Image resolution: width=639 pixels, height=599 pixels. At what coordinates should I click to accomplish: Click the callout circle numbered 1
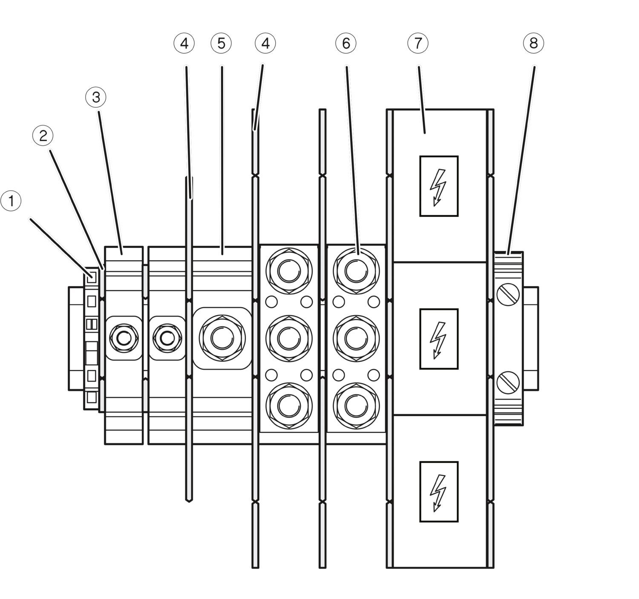[x=11, y=201]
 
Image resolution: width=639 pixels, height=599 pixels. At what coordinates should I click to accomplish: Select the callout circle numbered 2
[x=43, y=135]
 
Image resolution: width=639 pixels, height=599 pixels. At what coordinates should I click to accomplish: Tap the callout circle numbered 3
[x=96, y=97]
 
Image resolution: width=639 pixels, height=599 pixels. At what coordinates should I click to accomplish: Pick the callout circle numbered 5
[x=221, y=43]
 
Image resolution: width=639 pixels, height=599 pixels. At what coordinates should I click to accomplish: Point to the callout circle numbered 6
[x=346, y=43]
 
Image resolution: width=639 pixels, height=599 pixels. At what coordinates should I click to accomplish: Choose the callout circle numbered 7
[x=418, y=43]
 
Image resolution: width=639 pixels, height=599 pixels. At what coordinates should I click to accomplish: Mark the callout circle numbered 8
[x=533, y=43]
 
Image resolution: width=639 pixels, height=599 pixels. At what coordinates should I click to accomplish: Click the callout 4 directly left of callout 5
[x=184, y=43]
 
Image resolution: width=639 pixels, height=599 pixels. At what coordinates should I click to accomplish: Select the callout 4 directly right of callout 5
[x=265, y=43]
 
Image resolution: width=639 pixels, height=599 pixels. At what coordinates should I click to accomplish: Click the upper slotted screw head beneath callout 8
[x=508, y=294]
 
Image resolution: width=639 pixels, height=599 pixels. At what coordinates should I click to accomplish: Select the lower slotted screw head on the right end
[x=508, y=383]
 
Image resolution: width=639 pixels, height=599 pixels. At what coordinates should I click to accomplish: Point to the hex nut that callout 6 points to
[x=356, y=271]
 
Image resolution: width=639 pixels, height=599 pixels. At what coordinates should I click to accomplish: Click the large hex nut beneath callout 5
[x=222, y=338]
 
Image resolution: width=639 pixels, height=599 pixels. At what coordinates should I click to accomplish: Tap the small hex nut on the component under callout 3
[x=124, y=338]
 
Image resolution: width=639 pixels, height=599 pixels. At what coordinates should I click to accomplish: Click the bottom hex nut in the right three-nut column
[x=356, y=406]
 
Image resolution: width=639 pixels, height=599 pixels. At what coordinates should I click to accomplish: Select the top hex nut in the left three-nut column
[x=289, y=271]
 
